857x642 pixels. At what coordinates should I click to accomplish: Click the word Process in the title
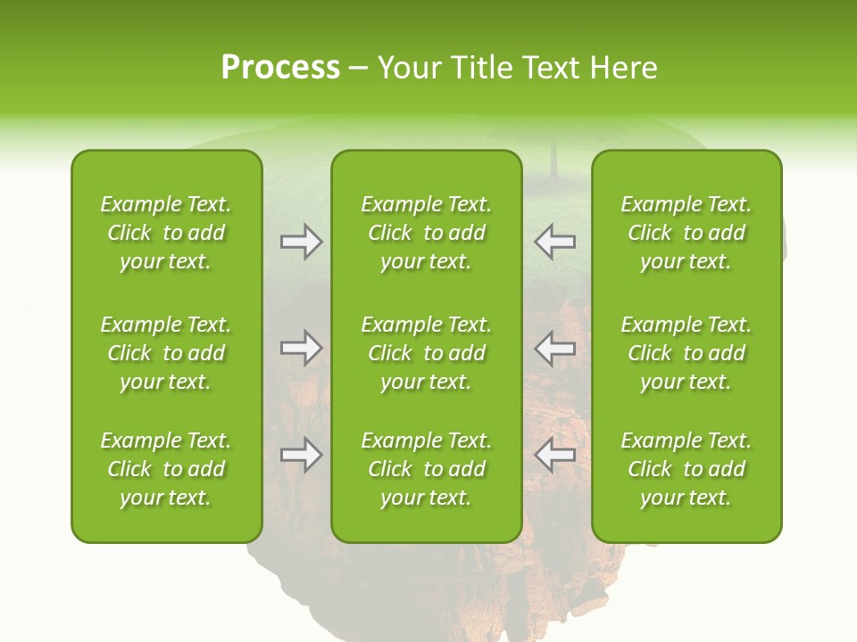(280, 68)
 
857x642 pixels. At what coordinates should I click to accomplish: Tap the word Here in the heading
(623, 68)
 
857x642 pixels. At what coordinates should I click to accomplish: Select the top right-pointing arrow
(301, 242)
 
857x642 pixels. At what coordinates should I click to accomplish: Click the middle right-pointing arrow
(301, 348)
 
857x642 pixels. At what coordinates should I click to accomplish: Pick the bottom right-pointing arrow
(301, 456)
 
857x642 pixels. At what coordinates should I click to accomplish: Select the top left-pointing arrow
(555, 242)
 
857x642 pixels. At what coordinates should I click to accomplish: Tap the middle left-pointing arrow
(555, 348)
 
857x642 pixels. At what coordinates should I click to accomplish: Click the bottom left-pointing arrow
(555, 456)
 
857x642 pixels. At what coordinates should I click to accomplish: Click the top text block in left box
(166, 233)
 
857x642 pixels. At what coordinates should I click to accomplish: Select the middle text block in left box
(166, 353)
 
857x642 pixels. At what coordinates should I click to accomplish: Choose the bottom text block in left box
(166, 469)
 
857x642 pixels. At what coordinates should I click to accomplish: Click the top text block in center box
(426, 233)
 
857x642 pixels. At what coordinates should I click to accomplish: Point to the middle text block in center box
(426, 353)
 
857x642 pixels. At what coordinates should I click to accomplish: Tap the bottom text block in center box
(426, 469)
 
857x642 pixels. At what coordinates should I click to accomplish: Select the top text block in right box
(686, 233)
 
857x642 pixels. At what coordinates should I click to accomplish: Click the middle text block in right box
(686, 353)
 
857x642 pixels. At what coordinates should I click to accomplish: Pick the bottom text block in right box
(686, 469)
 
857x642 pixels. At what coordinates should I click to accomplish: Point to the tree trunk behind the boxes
(554, 160)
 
